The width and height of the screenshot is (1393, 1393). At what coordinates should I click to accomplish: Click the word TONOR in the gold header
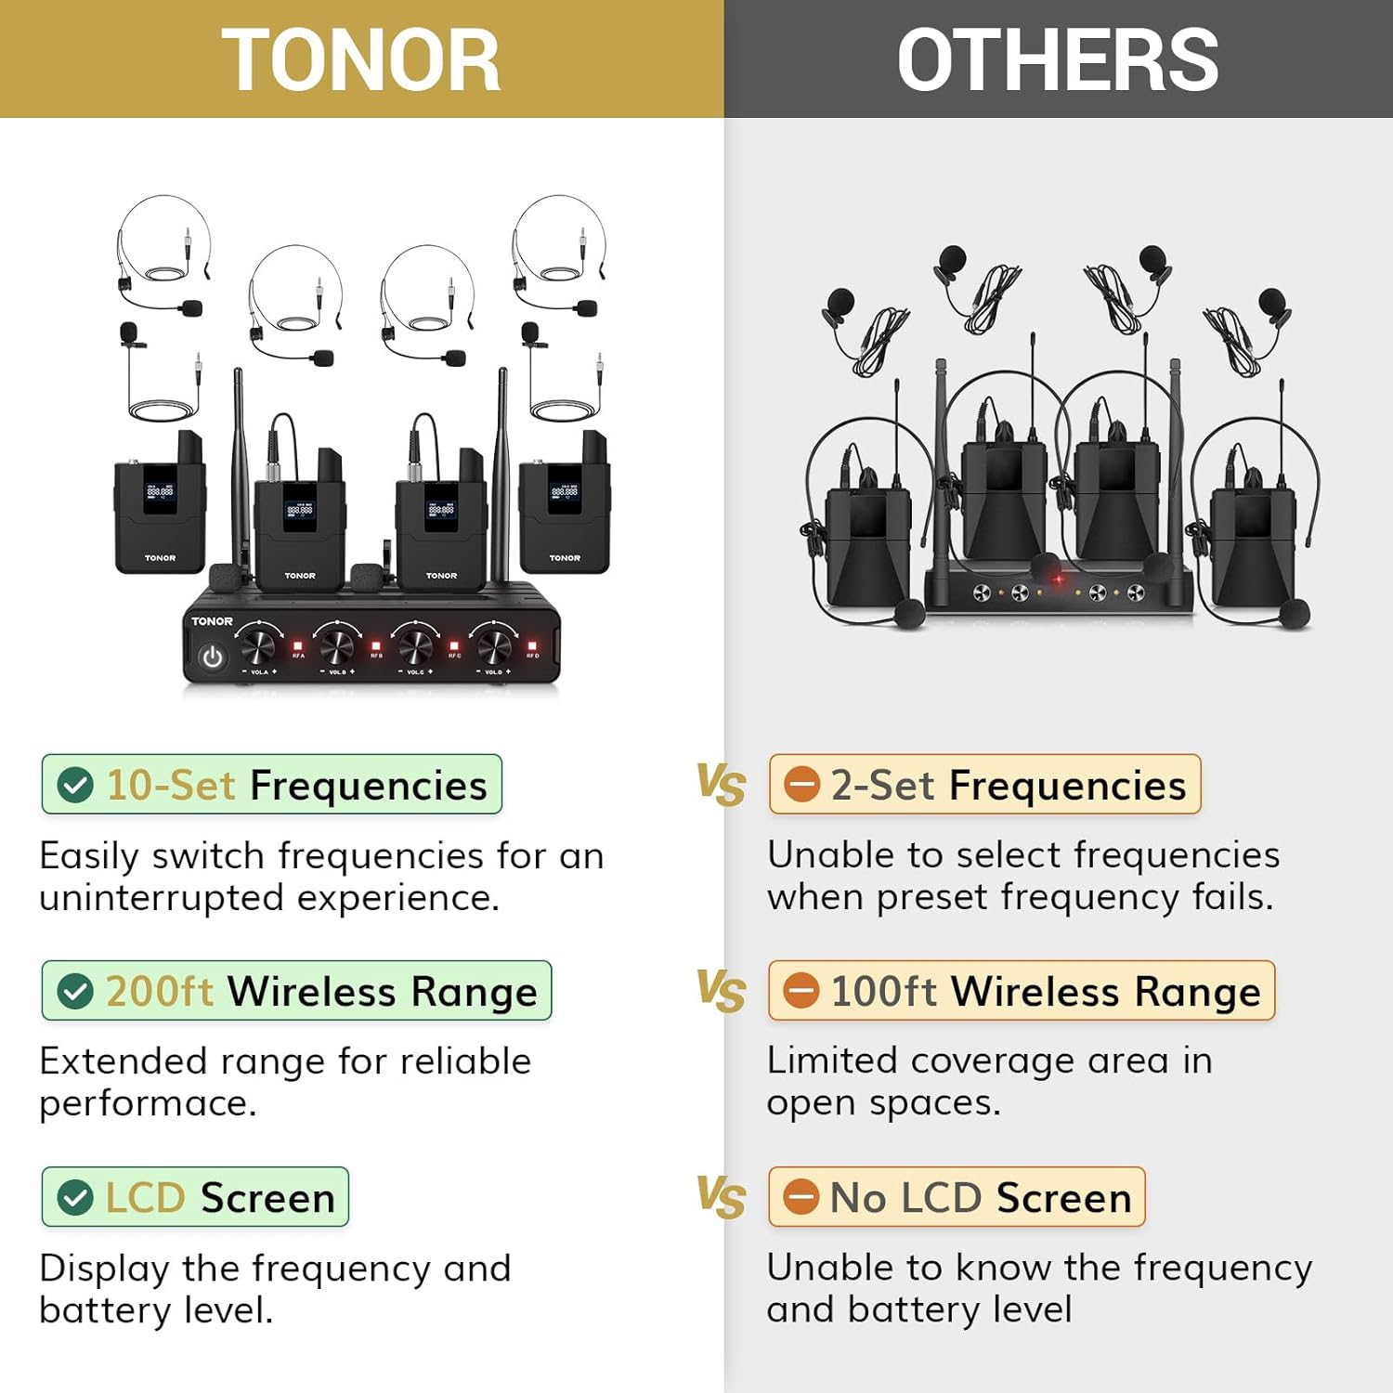360,60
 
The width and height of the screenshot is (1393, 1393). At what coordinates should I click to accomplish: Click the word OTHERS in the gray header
1057,60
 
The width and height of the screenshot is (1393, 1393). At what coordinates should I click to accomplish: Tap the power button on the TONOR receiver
213,657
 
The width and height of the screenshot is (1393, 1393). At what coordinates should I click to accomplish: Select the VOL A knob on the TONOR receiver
259,644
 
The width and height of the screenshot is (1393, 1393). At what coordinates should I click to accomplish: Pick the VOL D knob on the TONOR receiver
494,644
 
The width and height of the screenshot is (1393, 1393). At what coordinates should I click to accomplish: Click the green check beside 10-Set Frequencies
75,786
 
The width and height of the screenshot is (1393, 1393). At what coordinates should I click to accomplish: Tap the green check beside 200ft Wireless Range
75,992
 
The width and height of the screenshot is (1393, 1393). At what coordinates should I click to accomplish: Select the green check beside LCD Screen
75,1198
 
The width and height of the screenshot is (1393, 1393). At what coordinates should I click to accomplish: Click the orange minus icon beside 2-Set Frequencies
801,786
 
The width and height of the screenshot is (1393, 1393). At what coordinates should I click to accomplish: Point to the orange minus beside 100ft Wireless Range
801,991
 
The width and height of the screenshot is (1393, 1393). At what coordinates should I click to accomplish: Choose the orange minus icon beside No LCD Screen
801,1197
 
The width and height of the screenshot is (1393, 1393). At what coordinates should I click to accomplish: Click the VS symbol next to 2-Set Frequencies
722,785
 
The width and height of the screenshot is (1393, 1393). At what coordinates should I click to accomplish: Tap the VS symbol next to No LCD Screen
722,1197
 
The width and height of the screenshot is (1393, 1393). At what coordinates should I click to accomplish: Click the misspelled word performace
147,1104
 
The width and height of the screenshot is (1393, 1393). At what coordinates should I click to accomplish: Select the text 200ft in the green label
159,992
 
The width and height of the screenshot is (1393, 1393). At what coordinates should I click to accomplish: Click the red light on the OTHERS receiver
1058,580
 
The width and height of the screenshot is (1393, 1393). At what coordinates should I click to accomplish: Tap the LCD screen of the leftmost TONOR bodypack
159,493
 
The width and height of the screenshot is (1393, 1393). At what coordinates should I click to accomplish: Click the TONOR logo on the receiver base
212,621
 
